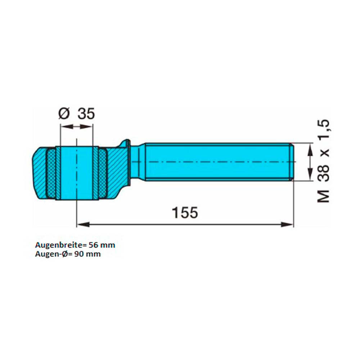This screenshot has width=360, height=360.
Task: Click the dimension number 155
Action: click(185, 212)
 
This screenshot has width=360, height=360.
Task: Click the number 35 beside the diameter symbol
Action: click(86, 114)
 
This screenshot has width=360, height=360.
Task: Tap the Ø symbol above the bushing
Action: click(64, 114)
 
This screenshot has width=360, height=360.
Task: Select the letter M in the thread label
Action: click(323, 197)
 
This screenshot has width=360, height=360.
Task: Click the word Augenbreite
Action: click(58, 245)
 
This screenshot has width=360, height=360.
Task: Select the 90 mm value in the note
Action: click(87, 254)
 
